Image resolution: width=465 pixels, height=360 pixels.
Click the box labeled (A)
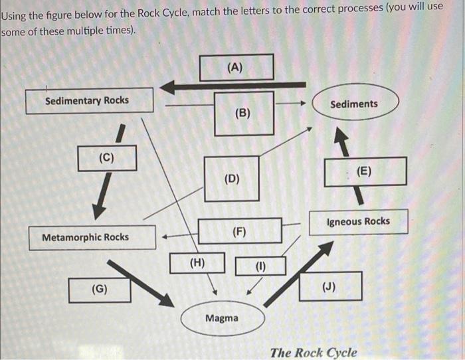click(236, 67)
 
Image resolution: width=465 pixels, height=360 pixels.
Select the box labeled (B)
click(243, 113)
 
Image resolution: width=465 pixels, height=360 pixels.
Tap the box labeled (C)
click(106, 158)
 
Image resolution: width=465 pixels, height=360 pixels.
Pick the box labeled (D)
click(232, 178)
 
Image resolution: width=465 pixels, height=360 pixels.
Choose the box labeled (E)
click(365, 171)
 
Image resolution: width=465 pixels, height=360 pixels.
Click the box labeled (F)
click(240, 230)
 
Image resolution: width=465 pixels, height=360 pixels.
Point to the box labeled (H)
click(197, 262)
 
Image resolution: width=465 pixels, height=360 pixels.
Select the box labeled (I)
click(260, 266)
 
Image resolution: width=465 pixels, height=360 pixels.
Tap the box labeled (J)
click(329, 286)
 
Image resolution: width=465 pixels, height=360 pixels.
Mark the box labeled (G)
click(100, 290)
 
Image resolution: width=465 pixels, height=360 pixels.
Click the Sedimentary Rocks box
click(89, 100)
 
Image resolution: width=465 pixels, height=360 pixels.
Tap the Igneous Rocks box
click(359, 222)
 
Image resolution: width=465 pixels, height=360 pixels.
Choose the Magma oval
click(223, 318)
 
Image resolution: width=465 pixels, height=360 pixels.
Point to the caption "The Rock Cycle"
click(313, 352)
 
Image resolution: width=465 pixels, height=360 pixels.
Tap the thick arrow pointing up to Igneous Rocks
click(299, 274)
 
